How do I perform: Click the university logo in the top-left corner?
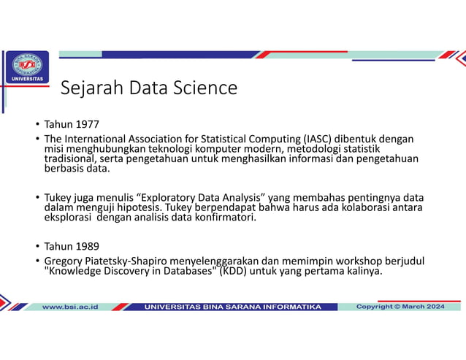tap(28, 67)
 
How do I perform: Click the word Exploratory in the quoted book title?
tap(170, 198)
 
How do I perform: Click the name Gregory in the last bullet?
tap(65, 261)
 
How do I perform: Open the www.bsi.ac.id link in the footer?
tap(70, 307)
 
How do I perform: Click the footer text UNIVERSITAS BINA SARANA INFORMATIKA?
tap(232, 307)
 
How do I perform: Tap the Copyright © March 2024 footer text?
tap(400, 307)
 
